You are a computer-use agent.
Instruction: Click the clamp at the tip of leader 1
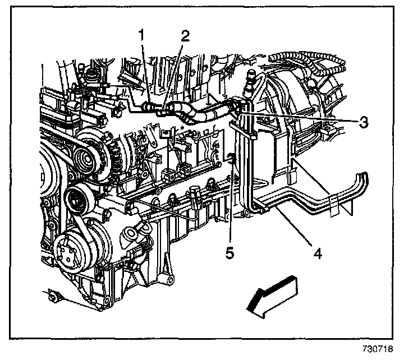149,105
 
